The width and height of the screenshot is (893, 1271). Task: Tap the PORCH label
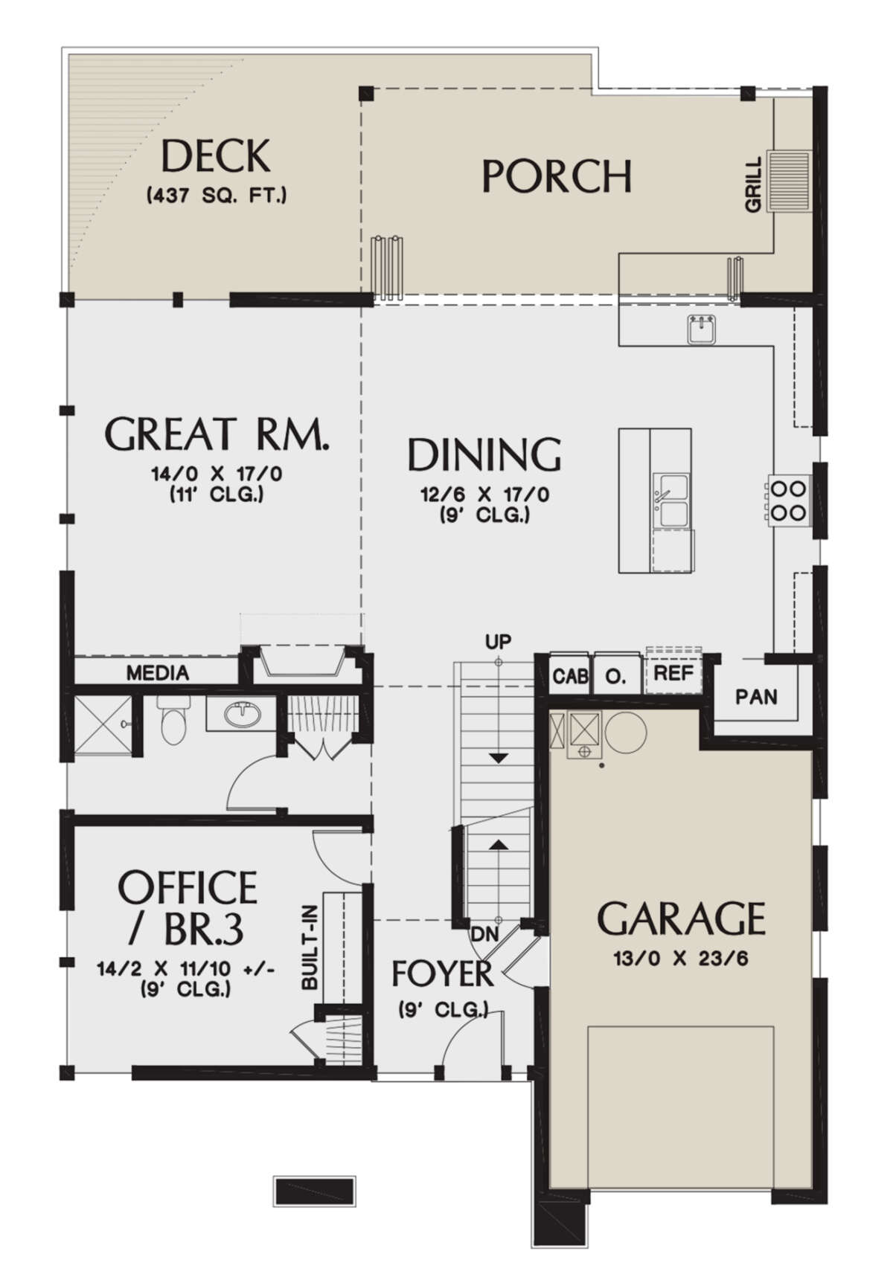click(x=557, y=176)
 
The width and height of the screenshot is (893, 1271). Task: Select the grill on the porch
click(x=788, y=181)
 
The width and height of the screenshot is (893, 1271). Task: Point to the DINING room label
click(x=484, y=454)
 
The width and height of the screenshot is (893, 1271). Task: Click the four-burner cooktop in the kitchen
click(x=787, y=500)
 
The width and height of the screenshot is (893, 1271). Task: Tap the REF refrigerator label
click(x=673, y=673)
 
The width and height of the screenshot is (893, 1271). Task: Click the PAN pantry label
click(x=756, y=696)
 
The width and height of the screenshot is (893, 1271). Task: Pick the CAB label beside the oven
click(x=571, y=676)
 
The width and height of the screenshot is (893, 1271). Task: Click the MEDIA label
click(x=157, y=673)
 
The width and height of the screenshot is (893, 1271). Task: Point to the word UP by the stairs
click(x=498, y=641)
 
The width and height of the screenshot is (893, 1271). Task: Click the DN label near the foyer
click(x=484, y=934)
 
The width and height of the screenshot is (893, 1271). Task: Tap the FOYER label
click(x=442, y=974)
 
